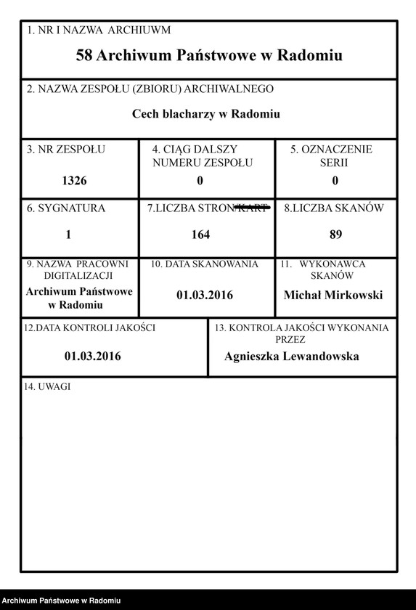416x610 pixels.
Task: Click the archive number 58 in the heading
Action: tap(84, 55)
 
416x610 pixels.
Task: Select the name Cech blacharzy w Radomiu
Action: tap(206, 114)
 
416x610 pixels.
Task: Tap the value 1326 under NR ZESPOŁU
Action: tap(75, 180)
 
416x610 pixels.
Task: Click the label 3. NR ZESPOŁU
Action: tap(66, 150)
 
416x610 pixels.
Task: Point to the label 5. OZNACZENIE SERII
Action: tap(331, 155)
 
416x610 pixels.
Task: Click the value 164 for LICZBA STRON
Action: tap(200, 235)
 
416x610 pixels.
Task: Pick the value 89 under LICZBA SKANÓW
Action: tap(335, 235)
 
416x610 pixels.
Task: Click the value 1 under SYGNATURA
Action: tap(68, 235)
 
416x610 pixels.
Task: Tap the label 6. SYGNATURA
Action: tap(66, 208)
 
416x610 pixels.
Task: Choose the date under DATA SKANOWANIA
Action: tap(205, 296)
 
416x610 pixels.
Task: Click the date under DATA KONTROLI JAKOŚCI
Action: tap(92, 357)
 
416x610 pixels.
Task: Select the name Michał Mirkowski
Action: tap(333, 295)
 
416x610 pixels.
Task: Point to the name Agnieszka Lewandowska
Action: tap(292, 357)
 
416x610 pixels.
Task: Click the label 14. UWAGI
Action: tap(47, 386)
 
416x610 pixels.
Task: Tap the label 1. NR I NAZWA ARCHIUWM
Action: tap(99, 30)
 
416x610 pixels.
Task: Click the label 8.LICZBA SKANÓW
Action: tap(334, 208)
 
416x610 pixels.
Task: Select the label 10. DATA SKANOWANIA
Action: tap(205, 264)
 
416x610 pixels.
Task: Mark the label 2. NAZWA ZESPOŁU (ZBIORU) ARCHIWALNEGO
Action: tap(150, 89)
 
